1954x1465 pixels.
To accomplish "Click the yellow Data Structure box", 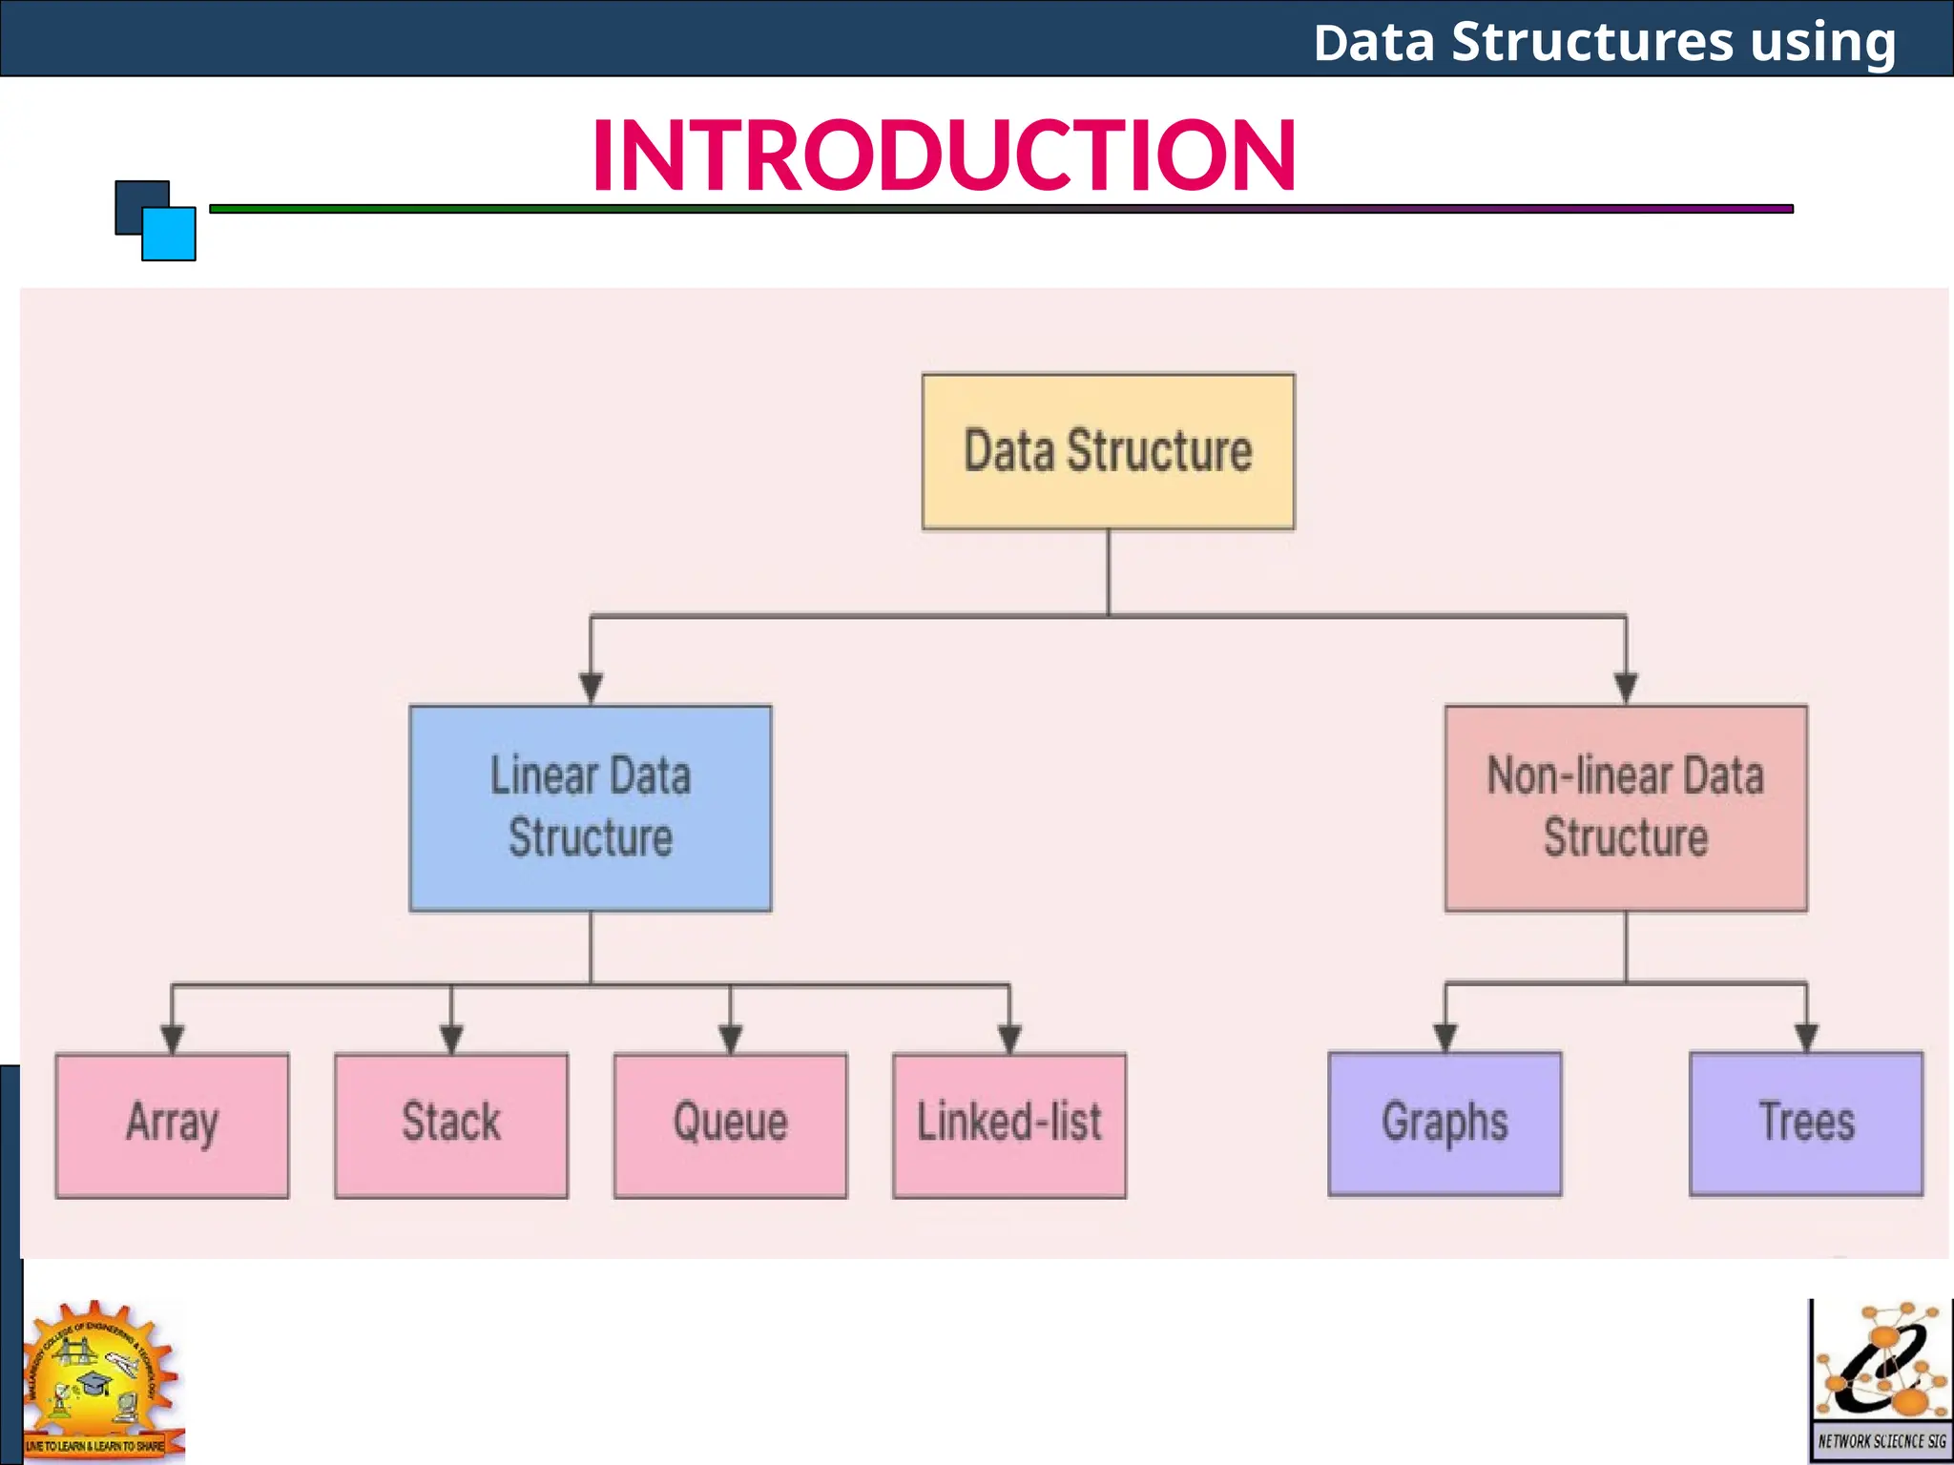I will [1108, 451].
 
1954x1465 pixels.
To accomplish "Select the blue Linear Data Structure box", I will [591, 808].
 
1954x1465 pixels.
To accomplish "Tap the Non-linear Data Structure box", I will [1626, 808].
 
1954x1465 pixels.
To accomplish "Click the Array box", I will [172, 1125].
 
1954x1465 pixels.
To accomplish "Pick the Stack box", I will [451, 1125].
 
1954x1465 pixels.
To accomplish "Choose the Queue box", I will [730, 1125].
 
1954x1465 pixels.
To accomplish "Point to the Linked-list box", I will [1009, 1125].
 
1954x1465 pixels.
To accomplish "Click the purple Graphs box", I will [1445, 1124].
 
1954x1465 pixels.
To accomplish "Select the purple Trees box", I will [1806, 1124].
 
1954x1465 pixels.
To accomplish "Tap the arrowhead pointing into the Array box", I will [172, 1038].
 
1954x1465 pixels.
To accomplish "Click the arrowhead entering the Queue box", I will [730, 1038].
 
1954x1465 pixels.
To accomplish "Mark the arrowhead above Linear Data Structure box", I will [591, 687].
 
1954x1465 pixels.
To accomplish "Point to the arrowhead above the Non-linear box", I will [1626, 687].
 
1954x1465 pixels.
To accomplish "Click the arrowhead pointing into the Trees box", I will [1806, 1037].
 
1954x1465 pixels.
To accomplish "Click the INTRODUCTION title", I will [944, 155].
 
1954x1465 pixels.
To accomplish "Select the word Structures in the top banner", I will [1591, 42].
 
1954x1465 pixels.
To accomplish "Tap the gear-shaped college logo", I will [102, 1379].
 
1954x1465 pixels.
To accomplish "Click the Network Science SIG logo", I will [1881, 1380].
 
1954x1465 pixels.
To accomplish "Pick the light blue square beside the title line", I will [169, 234].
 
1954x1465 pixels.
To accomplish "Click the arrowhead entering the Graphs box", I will [1445, 1037].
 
